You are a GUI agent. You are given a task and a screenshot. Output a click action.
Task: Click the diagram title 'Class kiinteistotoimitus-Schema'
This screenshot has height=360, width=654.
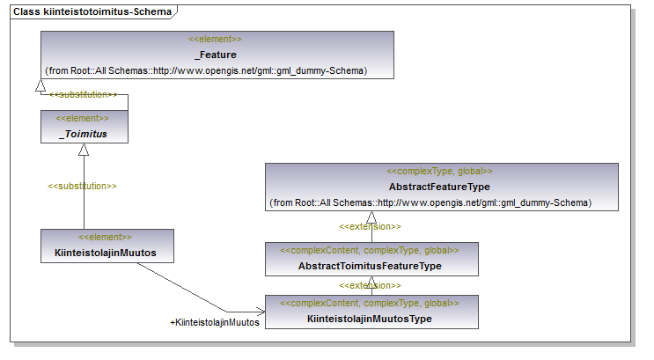point(92,11)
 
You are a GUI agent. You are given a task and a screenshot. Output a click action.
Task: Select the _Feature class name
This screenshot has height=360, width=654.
point(216,55)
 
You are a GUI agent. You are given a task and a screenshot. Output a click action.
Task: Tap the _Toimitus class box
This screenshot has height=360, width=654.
point(85,127)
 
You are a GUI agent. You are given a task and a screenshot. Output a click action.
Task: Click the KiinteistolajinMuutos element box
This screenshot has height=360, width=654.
point(107,246)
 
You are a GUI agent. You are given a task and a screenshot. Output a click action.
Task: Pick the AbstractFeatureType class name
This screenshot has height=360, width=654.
point(439,187)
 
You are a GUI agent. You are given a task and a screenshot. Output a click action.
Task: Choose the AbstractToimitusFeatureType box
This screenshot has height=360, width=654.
point(371,259)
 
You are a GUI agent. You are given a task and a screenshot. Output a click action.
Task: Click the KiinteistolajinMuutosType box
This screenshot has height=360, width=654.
point(371,312)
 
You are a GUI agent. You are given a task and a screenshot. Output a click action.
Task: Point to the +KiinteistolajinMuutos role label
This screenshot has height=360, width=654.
point(215,322)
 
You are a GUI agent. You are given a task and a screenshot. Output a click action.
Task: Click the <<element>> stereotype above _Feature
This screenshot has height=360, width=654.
point(215,39)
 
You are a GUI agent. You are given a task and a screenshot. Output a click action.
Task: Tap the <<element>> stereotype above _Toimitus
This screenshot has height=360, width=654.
point(82,118)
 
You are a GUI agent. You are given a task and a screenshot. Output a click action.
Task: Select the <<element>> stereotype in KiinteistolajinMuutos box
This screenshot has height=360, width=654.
point(105,237)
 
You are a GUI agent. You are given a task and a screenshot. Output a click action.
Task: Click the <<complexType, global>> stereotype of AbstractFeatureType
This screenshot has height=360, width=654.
point(439,171)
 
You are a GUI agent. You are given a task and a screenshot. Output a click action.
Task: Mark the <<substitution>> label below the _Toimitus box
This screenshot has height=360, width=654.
point(82,186)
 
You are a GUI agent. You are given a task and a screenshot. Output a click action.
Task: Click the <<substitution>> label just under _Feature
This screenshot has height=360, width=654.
point(83,95)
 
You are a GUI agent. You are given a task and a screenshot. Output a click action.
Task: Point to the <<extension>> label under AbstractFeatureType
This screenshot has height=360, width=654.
point(370,226)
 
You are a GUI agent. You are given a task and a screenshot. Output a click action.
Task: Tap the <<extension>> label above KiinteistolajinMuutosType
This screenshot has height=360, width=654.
point(370,285)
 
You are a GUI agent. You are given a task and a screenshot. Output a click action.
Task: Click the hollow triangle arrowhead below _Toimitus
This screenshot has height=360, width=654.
point(84,150)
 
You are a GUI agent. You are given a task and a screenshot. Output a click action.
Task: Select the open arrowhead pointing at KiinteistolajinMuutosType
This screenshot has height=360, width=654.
point(261,312)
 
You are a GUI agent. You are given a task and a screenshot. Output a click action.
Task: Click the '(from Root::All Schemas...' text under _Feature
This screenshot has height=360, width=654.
point(206,70)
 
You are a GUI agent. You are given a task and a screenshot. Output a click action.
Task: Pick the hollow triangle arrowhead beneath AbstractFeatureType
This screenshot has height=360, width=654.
point(371,217)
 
